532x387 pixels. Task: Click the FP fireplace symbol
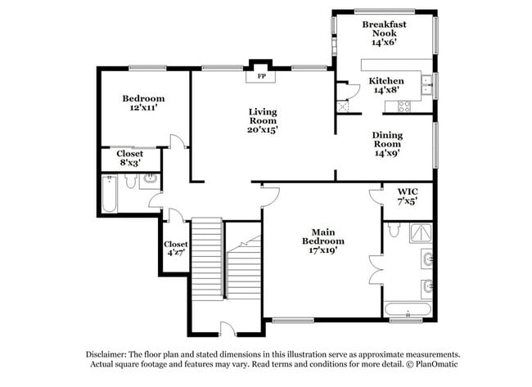262,76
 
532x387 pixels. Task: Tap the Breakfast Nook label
384,33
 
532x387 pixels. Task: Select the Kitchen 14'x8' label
385,86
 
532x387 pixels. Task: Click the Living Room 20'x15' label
263,119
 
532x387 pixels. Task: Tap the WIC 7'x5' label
407,196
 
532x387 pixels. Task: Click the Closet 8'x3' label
129,158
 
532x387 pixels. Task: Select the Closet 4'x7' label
176,249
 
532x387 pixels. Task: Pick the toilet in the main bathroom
394,232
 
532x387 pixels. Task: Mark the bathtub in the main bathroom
408,310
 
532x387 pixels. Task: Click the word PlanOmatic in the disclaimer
433,366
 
